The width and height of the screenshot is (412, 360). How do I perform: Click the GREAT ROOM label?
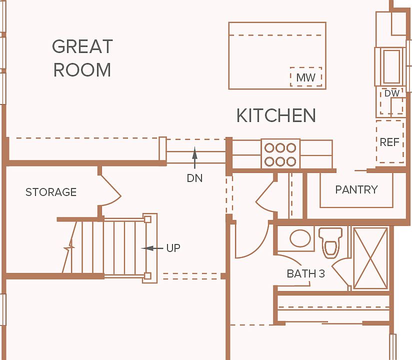click(x=82, y=58)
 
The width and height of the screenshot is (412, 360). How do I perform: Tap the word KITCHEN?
click(x=276, y=115)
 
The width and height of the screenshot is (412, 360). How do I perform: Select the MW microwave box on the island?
click(x=306, y=76)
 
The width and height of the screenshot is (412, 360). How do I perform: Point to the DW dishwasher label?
click(x=392, y=93)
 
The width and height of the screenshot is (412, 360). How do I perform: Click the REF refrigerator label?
click(x=389, y=142)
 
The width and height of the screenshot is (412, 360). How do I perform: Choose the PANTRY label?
click(x=356, y=189)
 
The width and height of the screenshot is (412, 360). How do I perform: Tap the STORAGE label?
click(x=51, y=192)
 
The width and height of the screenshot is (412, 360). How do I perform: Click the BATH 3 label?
click(x=306, y=274)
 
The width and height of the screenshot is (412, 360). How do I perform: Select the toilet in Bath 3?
click(x=330, y=242)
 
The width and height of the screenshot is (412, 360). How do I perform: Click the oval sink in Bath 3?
click(x=300, y=238)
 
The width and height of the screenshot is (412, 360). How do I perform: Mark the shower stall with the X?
click(x=370, y=258)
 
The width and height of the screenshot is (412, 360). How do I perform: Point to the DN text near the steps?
click(x=194, y=178)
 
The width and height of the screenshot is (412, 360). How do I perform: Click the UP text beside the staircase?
click(x=173, y=248)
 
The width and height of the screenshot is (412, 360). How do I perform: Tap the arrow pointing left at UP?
click(x=152, y=248)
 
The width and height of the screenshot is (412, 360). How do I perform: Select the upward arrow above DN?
click(x=194, y=157)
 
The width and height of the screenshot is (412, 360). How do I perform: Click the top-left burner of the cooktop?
click(x=269, y=148)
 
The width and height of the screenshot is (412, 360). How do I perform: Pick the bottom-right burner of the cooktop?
click(x=291, y=161)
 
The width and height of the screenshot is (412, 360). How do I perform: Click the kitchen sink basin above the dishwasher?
click(x=392, y=66)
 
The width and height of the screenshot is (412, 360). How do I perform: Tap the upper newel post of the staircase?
click(x=147, y=219)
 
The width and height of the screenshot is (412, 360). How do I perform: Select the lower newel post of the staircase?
click(x=147, y=276)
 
